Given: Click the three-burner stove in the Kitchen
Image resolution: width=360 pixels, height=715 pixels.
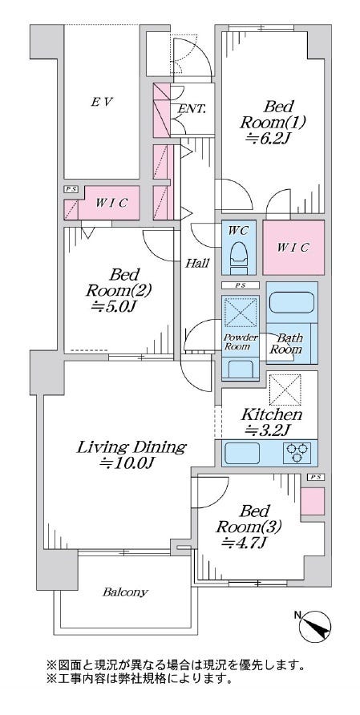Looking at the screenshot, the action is (x=297, y=453).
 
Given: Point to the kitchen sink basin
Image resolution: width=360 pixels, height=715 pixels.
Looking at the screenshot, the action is (x=242, y=453).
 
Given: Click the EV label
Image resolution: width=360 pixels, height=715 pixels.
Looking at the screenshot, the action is (x=102, y=102).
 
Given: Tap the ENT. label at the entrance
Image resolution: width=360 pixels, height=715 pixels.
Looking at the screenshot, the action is (x=192, y=109).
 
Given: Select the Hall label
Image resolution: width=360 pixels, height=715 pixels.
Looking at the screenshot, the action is (x=197, y=263).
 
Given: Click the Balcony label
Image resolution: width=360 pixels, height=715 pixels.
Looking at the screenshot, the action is (x=125, y=592).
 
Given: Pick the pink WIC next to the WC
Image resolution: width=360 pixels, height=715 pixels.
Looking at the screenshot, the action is (x=293, y=248).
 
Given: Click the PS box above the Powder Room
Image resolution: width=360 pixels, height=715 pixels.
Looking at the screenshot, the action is (x=241, y=285).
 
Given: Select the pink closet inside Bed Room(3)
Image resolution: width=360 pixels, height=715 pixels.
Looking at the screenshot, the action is (x=313, y=501).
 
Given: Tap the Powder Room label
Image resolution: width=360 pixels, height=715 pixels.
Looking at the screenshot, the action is (x=241, y=342).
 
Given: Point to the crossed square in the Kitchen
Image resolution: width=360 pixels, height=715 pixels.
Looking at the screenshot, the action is (x=285, y=390).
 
